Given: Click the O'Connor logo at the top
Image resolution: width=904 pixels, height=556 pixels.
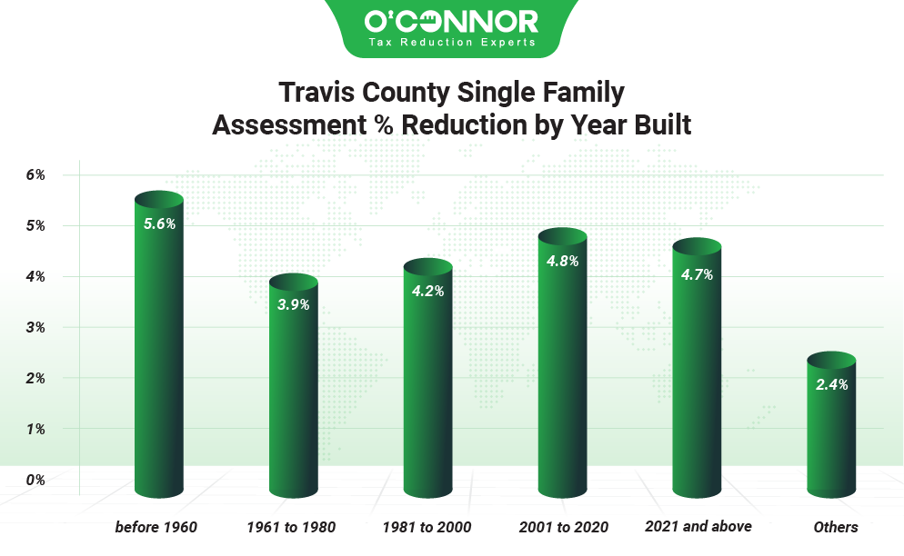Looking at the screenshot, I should [451, 20].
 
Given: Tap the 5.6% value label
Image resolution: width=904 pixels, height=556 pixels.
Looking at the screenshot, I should [159, 223].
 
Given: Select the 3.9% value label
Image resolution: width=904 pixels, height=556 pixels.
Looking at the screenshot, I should [293, 305].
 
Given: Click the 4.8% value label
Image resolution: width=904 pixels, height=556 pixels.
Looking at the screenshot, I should [562, 260].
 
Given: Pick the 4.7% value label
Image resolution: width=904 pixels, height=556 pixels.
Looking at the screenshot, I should [697, 274].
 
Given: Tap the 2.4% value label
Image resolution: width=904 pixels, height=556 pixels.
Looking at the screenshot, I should [831, 384].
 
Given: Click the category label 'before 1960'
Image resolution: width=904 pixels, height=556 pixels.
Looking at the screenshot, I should [156, 527].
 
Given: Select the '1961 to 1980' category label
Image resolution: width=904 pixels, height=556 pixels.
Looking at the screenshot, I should [291, 527].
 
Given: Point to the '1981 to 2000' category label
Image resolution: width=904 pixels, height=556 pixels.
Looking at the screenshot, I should [427, 527].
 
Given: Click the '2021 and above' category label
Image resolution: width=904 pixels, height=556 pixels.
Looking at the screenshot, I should [698, 526].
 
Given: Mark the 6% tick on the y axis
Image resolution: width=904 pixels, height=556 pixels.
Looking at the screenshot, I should [35, 174].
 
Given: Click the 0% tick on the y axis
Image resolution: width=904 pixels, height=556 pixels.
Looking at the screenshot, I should [35, 479].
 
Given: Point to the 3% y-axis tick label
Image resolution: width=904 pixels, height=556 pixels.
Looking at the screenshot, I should [35, 327].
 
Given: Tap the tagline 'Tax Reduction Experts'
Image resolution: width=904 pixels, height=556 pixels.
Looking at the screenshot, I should [451, 42].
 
